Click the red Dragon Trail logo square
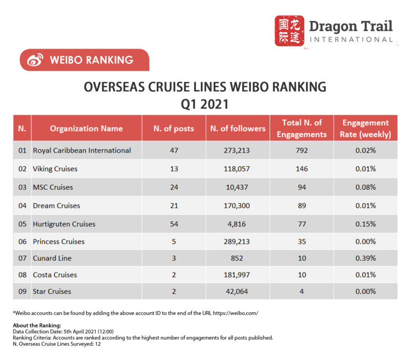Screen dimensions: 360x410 290,31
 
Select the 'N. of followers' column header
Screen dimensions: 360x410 238,128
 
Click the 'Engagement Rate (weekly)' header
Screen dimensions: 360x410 366,129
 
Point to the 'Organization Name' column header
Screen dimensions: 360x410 86,128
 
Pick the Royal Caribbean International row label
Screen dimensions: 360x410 82,151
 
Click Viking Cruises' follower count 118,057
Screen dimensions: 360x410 238,168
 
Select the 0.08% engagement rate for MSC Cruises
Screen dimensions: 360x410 366,187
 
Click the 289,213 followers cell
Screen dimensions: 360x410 238,242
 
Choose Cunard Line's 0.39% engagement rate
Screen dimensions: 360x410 366,258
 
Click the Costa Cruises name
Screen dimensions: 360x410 55,275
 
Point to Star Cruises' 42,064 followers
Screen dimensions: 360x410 238,291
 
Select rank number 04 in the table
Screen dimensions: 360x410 22,206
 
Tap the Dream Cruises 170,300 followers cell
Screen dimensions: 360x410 238,206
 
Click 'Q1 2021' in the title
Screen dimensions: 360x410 205,104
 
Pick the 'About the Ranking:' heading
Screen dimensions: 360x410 37,325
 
